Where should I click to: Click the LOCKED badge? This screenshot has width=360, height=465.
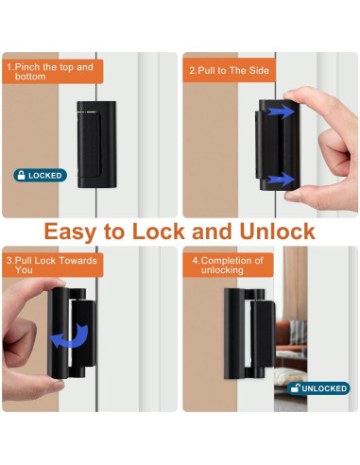(x=40, y=175)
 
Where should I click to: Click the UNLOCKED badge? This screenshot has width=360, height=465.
(x=319, y=387)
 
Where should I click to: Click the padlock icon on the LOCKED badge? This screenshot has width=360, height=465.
(x=20, y=175)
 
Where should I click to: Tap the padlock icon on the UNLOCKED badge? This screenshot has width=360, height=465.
(x=295, y=387)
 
